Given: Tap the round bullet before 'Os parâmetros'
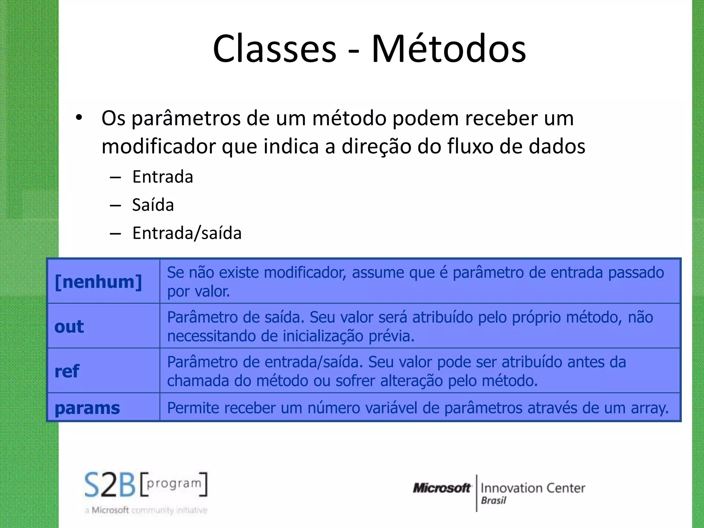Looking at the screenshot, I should tap(79, 118).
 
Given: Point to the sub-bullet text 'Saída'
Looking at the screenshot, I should tap(153, 205).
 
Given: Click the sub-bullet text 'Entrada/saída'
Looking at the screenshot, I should tap(187, 233).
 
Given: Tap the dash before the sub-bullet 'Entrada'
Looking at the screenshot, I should tap(115, 178).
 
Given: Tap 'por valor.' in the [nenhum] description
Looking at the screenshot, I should tap(198, 291).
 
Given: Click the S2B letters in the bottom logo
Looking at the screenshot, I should tap(110, 485).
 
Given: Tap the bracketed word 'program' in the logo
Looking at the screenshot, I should tap(174, 483).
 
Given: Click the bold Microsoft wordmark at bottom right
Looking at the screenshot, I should tap(442, 488).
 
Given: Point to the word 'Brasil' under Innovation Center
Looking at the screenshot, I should tap(493, 500).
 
